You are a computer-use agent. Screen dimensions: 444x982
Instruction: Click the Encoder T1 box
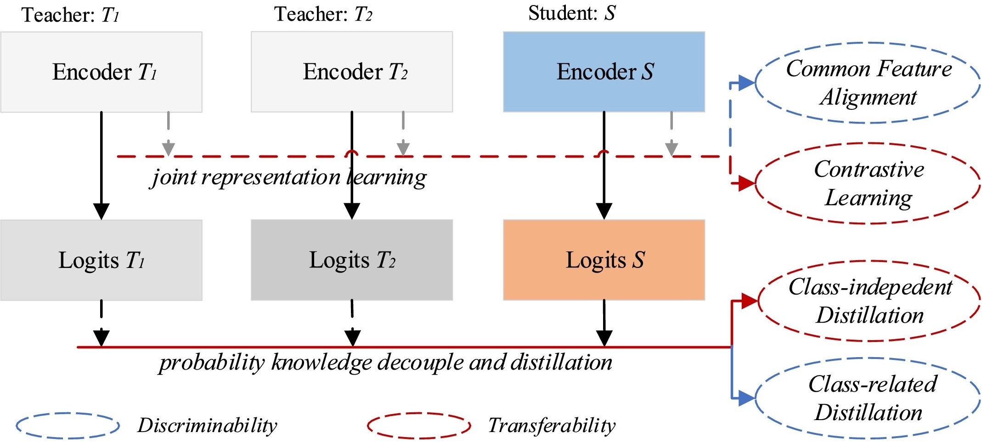tap(101, 72)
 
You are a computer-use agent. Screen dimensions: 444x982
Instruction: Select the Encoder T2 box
tap(352, 72)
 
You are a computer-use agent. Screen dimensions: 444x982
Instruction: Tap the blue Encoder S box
tap(604, 72)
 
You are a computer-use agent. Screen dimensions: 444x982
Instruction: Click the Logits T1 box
tap(101, 260)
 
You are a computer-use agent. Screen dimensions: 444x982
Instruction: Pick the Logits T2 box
tap(352, 260)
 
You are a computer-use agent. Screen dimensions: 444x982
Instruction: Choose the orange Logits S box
tap(604, 260)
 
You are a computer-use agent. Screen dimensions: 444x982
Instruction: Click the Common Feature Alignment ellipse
tap(868, 83)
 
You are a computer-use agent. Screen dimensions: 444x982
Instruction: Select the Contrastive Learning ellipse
tap(868, 183)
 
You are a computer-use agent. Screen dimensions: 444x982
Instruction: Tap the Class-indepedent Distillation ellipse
tap(869, 301)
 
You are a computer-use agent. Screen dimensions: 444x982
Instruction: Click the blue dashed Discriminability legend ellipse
tap(68, 426)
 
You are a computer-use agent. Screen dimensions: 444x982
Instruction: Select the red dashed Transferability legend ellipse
tap(419, 426)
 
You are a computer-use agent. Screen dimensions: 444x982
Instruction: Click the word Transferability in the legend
tap(551, 426)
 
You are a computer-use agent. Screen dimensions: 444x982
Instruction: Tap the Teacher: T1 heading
tap(70, 15)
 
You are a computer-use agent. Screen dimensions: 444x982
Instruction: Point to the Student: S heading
tap(571, 13)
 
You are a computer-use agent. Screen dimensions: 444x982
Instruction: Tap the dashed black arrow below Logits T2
tap(352, 322)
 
